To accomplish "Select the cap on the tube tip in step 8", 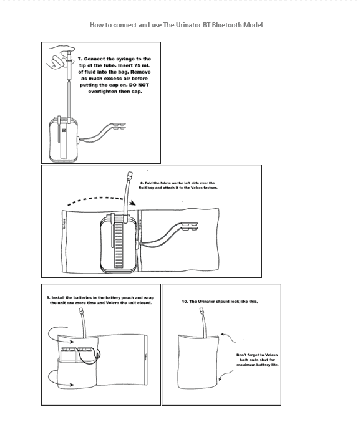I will pos(130,176).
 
